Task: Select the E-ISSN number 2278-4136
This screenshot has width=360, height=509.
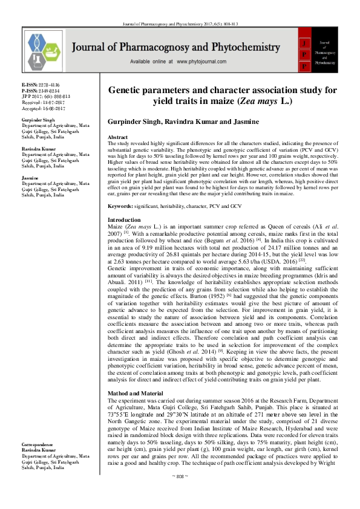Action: point(49,85)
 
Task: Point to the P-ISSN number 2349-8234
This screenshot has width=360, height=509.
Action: point(49,91)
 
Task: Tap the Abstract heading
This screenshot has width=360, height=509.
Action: point(117,138)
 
